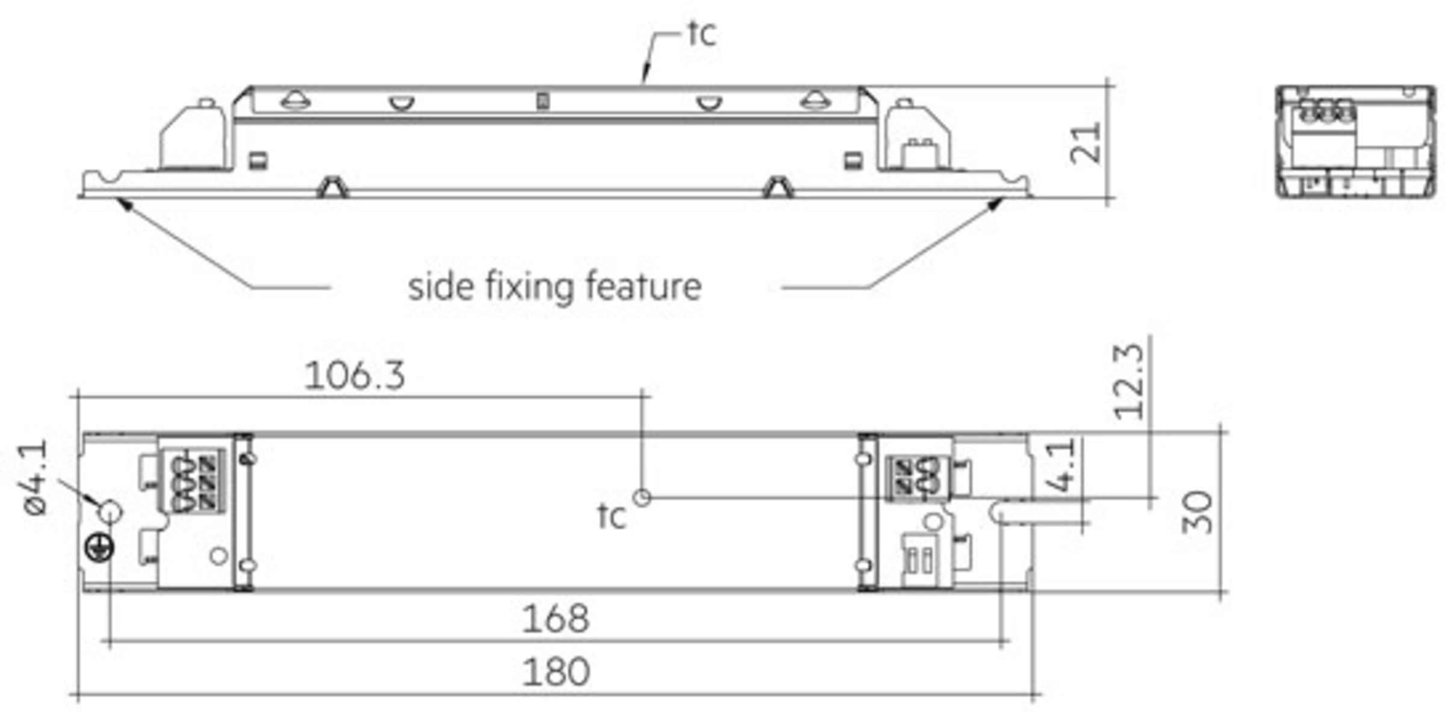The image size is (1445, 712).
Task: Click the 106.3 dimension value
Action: (355, 376)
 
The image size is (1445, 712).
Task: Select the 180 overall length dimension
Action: (555, 672)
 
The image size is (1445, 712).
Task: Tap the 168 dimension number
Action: (555, 619)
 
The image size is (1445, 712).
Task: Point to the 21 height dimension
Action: (1086, 143)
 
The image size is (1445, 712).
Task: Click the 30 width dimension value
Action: (1198, 513)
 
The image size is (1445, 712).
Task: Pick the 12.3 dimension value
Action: (1129, 382)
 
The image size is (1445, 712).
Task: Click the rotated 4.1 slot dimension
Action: (1061, 465)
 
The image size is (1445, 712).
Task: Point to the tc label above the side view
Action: (702, 34)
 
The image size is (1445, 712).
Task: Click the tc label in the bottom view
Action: (612, 517)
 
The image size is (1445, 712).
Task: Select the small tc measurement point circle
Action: (642, 498)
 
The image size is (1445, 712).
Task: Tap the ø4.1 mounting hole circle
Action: (110, 513)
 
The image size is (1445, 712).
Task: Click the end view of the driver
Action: (1355, 142)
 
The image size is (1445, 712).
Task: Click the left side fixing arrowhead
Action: (125, 204)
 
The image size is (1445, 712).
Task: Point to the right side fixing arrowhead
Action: (995, 204)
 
